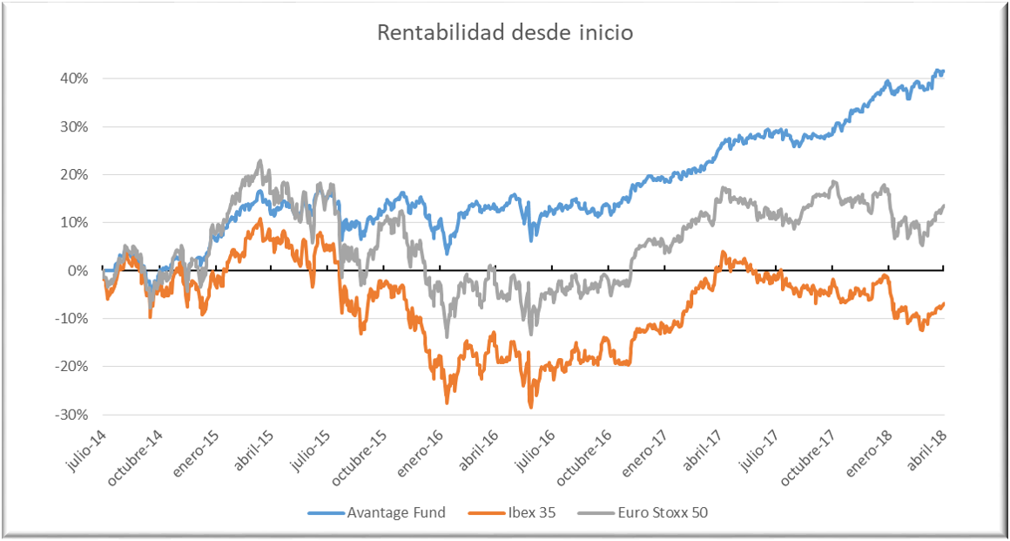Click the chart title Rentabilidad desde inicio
tap(504, 33)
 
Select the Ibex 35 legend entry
tap(524, 512)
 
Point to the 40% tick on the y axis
tap(75, 78)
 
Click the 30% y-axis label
tap(75, 126)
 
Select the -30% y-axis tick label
tap(73, 415)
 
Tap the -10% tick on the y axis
tap(73, 319)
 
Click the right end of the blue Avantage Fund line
tap(944, 71)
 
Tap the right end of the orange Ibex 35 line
tap(944, 303)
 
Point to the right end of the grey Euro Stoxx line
tap(944, 206)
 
